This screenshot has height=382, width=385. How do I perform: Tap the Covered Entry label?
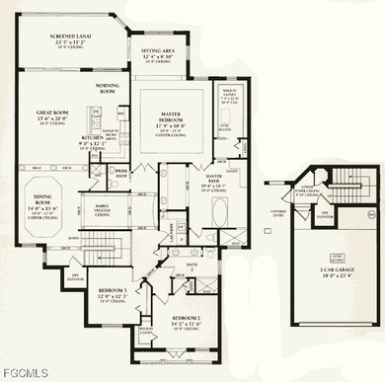pos(278,213)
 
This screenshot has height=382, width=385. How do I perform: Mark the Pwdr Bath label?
pos(121,172)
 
